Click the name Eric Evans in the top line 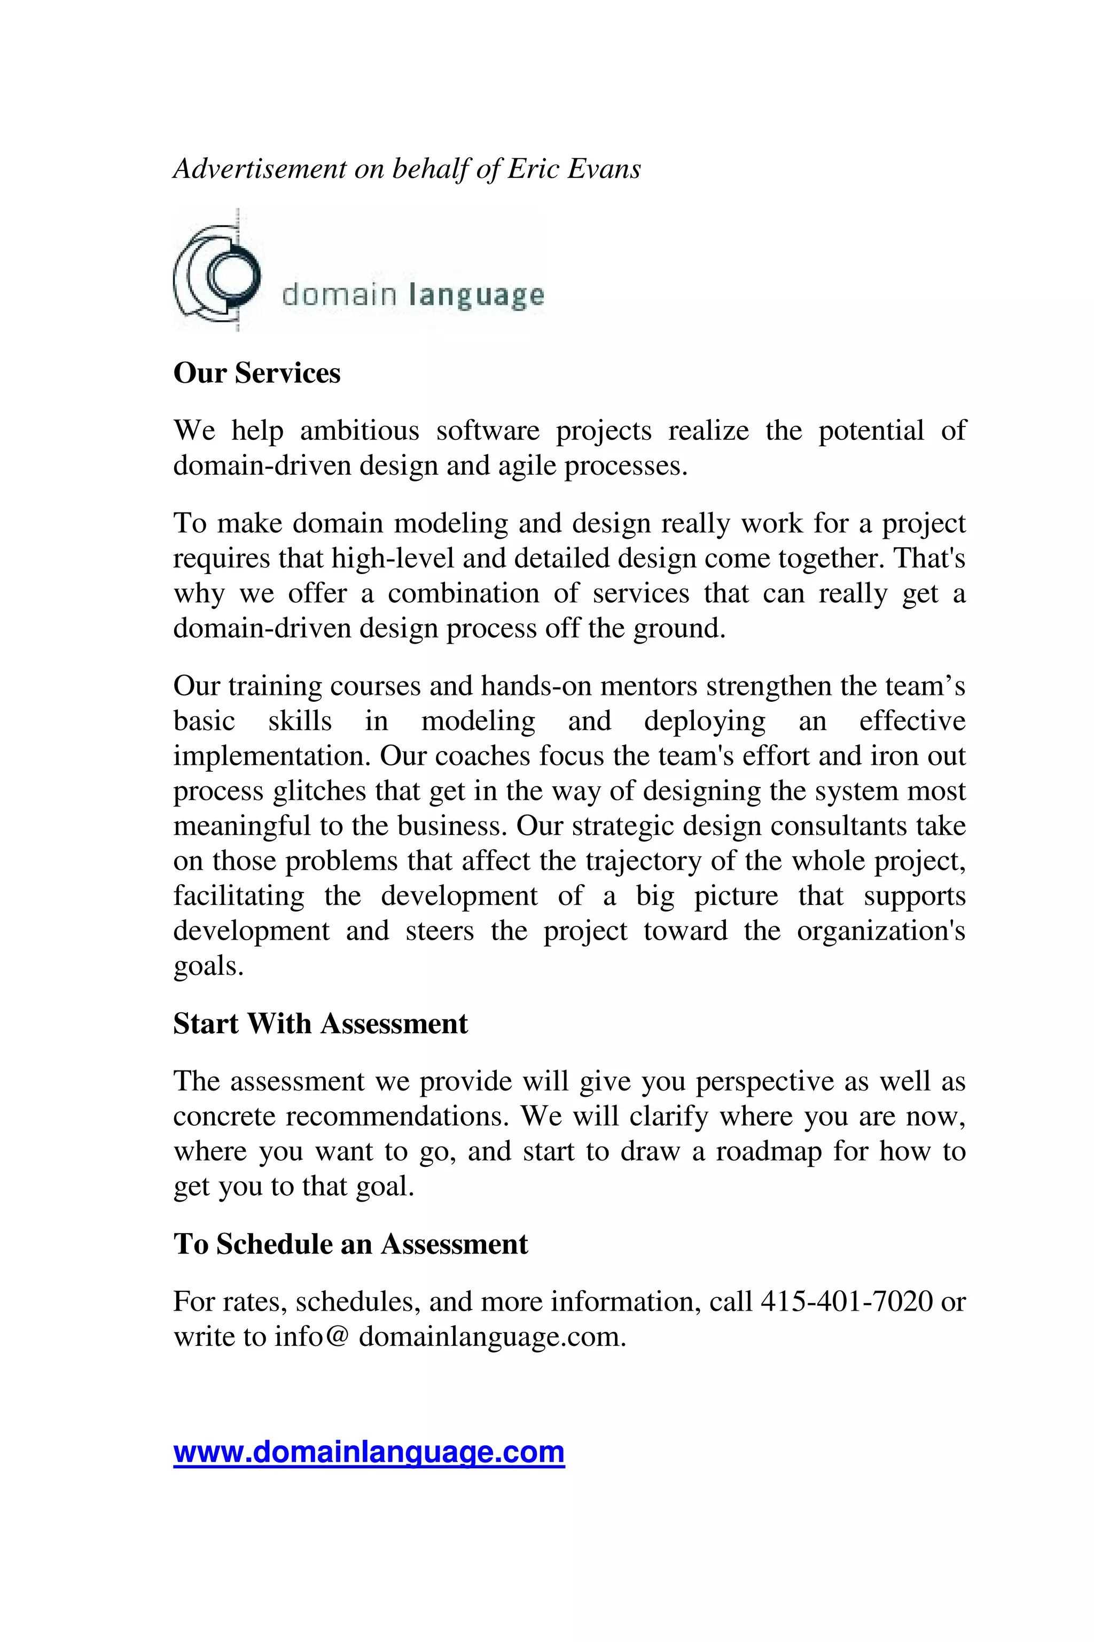coord(574,169)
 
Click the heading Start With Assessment coord(321,1024)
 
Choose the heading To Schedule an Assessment coord(350,1244)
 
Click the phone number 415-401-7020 coord(846,1302)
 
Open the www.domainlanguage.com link coord(369,1452)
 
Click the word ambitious coord(360,431)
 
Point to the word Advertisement coord(260,169)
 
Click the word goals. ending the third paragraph coord(208,966)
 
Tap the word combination coord(463,593)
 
